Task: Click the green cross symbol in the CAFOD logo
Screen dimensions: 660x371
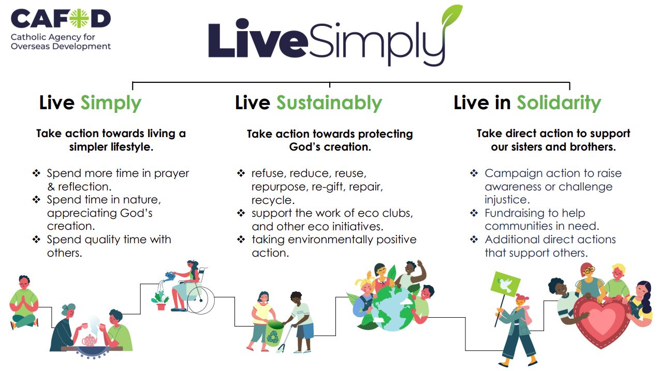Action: coord(79,18)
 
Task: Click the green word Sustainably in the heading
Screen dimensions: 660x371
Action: coord(329,103)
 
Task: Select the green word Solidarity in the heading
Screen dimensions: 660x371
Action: coord(559,103)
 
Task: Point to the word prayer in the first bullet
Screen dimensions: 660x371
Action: coord(171,174)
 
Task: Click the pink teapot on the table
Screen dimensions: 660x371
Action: coord(90,340)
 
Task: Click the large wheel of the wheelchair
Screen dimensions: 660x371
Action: coord(201,300)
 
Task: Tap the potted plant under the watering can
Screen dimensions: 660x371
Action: coord(160,300)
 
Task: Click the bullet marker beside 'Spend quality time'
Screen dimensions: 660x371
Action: coord(36,240)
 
